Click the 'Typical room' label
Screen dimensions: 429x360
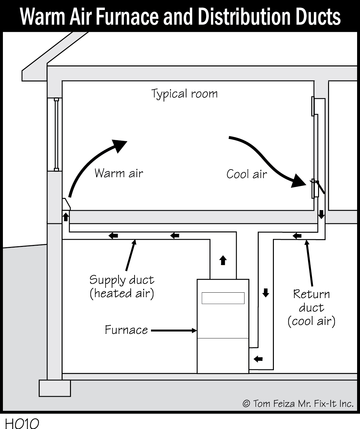click(185, 94)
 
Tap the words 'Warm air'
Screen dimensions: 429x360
click(118, 173)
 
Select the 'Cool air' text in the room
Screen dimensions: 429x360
click(246, 174)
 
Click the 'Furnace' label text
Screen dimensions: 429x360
click(126, 330)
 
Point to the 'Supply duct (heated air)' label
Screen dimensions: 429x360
click(122, 287)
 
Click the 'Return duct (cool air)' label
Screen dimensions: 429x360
click(311, 307)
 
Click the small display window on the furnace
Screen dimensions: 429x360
click(223, 298)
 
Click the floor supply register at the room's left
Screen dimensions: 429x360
click(66, 204)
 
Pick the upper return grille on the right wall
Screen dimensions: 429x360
click(313, 106)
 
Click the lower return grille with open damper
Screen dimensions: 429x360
click(315, 189)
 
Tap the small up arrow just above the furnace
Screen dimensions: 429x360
click(223, 260)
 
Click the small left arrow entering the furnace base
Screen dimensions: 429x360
click(258, 358)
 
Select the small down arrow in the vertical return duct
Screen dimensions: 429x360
click(265, 293)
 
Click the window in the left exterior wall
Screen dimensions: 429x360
click(56, 134)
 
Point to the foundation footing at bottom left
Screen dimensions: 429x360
click(55, 388)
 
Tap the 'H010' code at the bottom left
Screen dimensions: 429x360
click(22, 424)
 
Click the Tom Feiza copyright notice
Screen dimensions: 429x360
click(298, 404)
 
